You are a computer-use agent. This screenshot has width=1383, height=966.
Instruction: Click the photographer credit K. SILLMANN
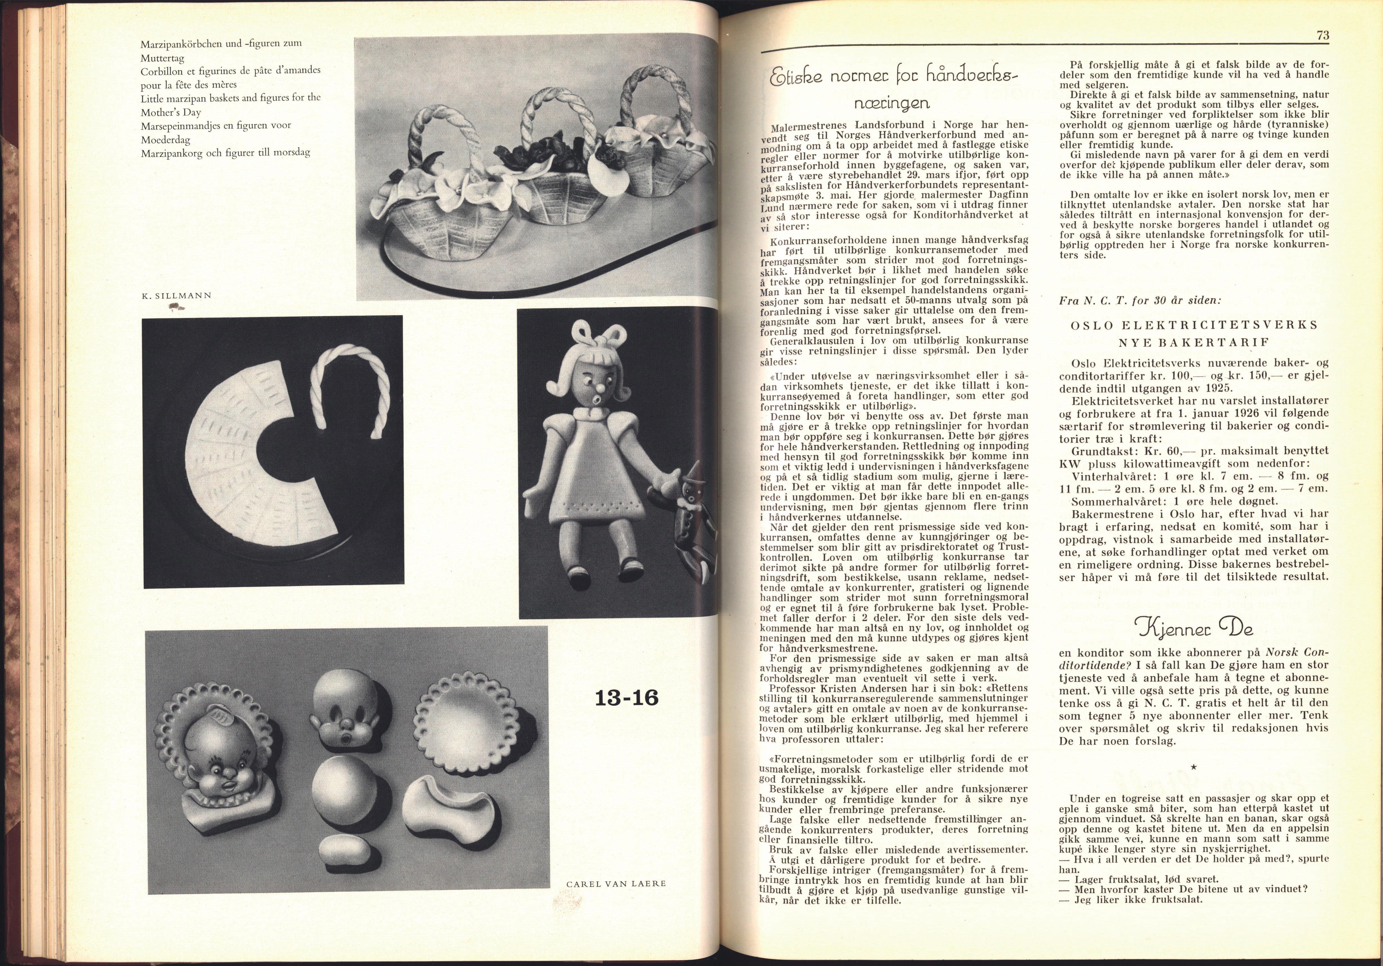click(175, 296)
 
